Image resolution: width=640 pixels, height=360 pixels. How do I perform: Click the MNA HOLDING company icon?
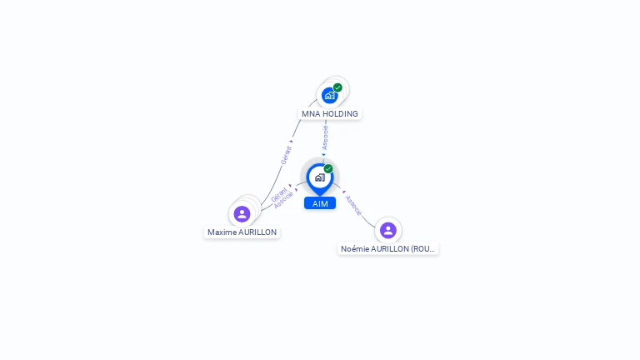[x=329, y=96]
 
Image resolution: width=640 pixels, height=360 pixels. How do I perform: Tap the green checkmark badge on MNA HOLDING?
[x=337, y=87]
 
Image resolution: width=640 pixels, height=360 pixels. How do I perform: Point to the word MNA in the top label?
[x=311, y=113]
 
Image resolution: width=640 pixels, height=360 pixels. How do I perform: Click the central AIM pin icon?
[x=319, y=177]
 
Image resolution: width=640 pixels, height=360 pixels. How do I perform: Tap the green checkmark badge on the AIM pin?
[x=328, y=168]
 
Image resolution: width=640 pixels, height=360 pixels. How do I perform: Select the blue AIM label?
[x=320, y=203]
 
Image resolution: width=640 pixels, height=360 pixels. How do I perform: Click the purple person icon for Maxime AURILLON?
[x=242, y=214]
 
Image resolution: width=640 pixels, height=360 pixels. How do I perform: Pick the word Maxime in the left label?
[x=222, y=232]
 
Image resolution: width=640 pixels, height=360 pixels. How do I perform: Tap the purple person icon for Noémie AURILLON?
[x=387, y=230]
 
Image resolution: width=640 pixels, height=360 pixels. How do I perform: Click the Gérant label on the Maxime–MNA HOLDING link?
[x=286, y=156]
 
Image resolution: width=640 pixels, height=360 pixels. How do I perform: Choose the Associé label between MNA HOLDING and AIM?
[x=325, y=137]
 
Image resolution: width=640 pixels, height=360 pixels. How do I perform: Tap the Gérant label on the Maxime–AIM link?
[x=278, y=193]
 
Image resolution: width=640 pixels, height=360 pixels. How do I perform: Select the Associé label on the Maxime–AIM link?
[x=283, y=200]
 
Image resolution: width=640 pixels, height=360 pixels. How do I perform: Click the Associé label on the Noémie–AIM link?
[x=353, y=206]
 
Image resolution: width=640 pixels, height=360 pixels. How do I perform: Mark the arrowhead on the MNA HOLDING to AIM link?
[x=324, y=154]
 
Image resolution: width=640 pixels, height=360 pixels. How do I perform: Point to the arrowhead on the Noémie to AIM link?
[x=343, y=191]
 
